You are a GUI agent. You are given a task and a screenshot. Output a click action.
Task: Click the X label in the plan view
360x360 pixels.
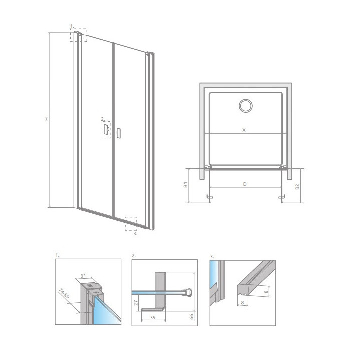[244, 130]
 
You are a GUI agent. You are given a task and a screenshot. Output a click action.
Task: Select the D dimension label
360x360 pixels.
[245, 184]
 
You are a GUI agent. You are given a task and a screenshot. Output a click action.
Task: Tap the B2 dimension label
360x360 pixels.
[297, 187]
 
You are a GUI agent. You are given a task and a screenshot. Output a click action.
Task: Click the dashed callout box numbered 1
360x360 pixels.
[79, 35]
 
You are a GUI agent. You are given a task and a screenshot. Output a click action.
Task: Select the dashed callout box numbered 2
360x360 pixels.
[106, 130]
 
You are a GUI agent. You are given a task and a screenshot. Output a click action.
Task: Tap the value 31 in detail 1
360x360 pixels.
[83, 275]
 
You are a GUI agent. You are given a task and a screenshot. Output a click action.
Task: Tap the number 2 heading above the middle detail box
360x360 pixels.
[134, 256]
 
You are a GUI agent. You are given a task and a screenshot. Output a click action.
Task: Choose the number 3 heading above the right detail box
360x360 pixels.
[212, 256]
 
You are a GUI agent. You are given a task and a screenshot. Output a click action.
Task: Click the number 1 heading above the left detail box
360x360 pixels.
[57, 256]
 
